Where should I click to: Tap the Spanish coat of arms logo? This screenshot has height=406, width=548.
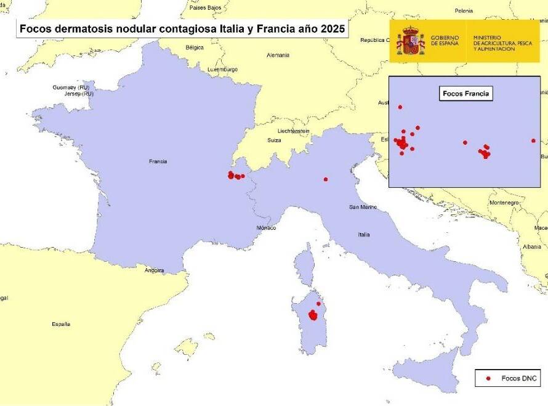(x=410, y=41)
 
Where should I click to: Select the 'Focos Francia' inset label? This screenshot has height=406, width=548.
(x=465, y=94)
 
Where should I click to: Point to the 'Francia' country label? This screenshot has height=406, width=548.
(x=158, y=161)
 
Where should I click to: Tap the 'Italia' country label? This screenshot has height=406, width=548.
(x=364, y=235)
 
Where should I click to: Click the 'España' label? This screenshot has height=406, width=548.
(x=61, y=324)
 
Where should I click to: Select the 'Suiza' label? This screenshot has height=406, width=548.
(x=274, y=140)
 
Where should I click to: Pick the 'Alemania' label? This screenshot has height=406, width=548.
(x=278, y=55)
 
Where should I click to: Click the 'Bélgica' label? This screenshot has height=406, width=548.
(x=195, y=47)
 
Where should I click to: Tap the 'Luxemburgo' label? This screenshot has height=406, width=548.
(x=222, y=70)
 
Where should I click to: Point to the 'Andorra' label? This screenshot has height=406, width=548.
(x=154, y=270)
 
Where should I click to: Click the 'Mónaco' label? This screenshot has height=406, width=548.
(x=266, y=228)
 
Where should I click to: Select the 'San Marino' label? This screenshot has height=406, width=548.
(x=363, y=207)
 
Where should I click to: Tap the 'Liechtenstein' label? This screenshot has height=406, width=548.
(x=293, y=131)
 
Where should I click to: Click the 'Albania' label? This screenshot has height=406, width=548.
(x=531, y=246)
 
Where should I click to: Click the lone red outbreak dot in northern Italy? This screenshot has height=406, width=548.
(x=326, y=179)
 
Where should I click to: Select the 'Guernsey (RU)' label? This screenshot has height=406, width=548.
(x=71, y=87)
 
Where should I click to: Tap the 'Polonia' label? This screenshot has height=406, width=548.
(x=464, y=10)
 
